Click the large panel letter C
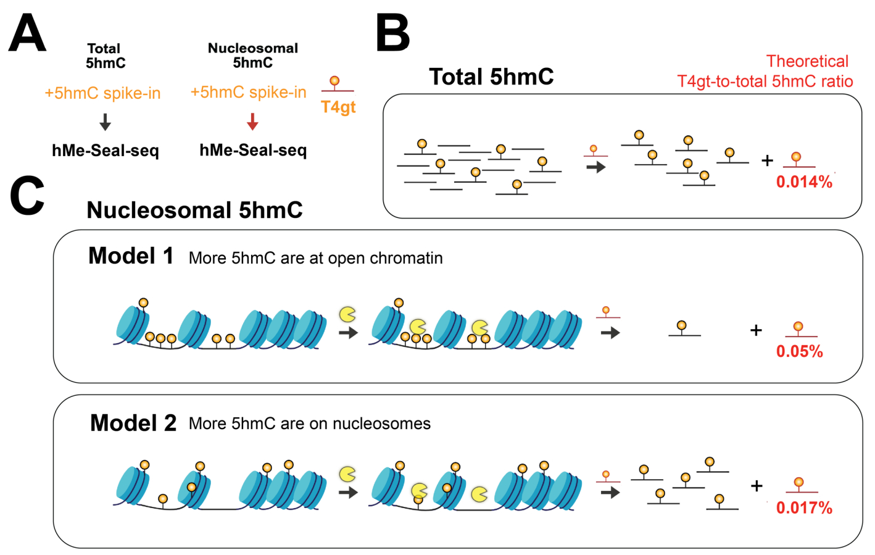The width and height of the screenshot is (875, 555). coord(27,196)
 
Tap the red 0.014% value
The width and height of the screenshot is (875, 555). coord(804,182)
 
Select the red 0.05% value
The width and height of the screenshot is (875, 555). coord(799,352)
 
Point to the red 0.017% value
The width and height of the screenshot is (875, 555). coord(804,508)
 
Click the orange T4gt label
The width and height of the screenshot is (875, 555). coord(338,107)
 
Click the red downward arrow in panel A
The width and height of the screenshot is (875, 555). coord(252,122)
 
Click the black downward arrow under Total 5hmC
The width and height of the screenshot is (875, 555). coord(105,122)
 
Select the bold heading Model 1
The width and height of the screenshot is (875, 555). coord(131,256)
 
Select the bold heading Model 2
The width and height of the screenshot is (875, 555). coord(133,423)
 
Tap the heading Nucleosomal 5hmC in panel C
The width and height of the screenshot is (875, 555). coord(194,211)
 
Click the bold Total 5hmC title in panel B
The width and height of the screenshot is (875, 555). coord(491,77)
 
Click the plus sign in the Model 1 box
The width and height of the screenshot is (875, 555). coord(756,330)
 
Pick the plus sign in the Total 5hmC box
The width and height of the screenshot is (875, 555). coord(767,161)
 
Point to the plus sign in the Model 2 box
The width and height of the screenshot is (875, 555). coord(757,486)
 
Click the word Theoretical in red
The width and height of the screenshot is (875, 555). coord(807,61)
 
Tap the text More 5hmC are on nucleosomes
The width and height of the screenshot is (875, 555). coord(310,424)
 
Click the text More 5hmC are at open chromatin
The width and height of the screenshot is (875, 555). coord(315,258)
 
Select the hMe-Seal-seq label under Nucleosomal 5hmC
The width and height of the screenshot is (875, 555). coord(253,150)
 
